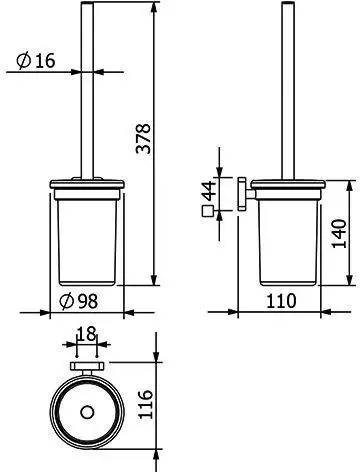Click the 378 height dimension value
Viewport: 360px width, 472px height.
click(x=144, y=139)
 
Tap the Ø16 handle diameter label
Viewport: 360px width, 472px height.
click(x=36, y=61)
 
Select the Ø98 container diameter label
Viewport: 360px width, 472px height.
click(x=79, y=301)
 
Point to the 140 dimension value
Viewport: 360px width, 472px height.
click(x=339, y=233)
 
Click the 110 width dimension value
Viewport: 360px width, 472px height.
click(x=281, y=301)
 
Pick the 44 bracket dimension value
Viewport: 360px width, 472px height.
click(x=210, y=191)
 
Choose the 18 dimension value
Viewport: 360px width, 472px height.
click(x=86, y=333)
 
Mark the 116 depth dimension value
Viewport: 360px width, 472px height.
click(x=145, y=404)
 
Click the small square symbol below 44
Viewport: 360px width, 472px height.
click(x=207, y=211)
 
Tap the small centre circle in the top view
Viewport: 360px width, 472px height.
click(x=87, y=412)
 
